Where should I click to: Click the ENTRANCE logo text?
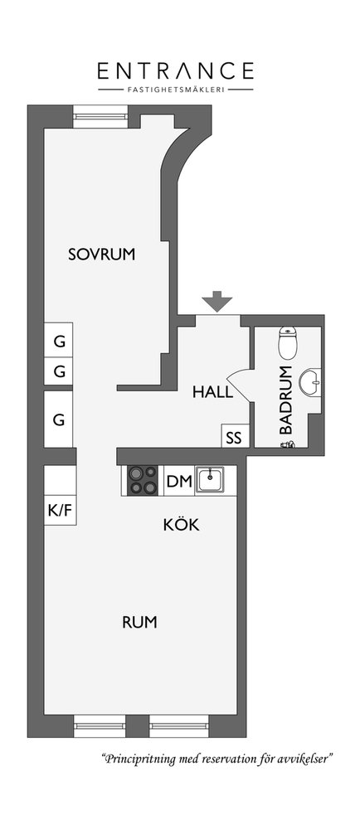pos(176,70)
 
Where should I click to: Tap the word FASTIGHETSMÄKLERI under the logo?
pos(176,90)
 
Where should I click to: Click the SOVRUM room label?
pos(101,255)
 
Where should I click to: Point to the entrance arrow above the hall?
pos(217,301)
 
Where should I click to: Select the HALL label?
pos(212,392)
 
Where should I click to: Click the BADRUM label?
pos(286,400)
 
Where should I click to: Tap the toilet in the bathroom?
pos(287,343)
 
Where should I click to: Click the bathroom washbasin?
pos(309,381)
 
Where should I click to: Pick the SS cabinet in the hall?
pos(234,436)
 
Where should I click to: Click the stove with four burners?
pos(144,480)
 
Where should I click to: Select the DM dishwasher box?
pos(178,481)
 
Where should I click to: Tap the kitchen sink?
pos(209,480)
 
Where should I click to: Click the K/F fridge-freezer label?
pos(60,511)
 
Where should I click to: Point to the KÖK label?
pos(181,525)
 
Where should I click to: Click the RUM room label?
pos(139,623)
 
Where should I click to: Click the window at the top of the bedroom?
pos(100,117)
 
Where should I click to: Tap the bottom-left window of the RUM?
pos(100,725)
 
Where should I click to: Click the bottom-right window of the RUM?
pos(179,725)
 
